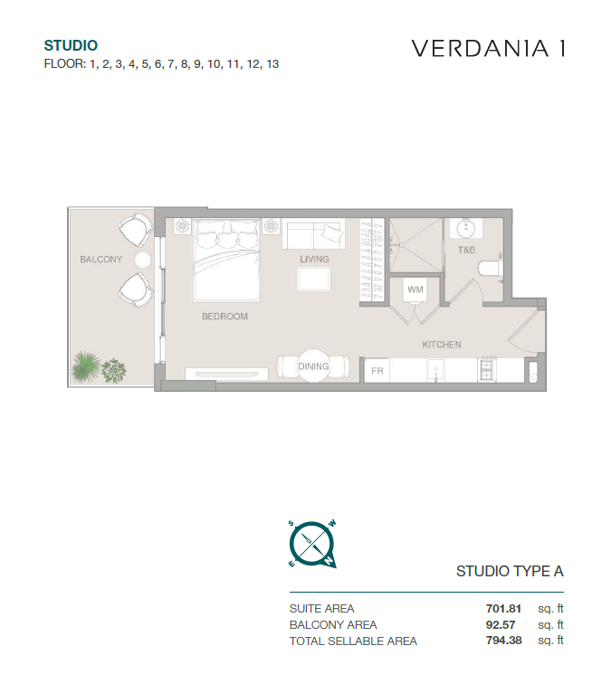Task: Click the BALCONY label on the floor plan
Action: (101, 260)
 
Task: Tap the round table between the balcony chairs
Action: (143, 260)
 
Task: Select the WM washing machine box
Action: (415, 290)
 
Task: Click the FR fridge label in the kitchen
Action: (377, 371)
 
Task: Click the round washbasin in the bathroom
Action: (466, 228)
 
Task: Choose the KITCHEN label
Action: (442, 345)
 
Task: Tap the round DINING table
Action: (313, 366)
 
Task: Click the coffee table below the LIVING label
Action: (314, 280)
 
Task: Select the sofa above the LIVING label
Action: (313, 234)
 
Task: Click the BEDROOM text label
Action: (224, 317)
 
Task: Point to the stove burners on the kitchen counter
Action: (488, 370)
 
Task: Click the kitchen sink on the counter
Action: (435, 371)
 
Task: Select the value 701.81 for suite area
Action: (503, 609)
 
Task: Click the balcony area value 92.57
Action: (501, 624)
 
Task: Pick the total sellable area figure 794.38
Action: (503, 641)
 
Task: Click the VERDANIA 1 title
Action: (489, 49)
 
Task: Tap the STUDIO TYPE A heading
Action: (510, 571)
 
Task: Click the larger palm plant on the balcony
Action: (85, 366)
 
